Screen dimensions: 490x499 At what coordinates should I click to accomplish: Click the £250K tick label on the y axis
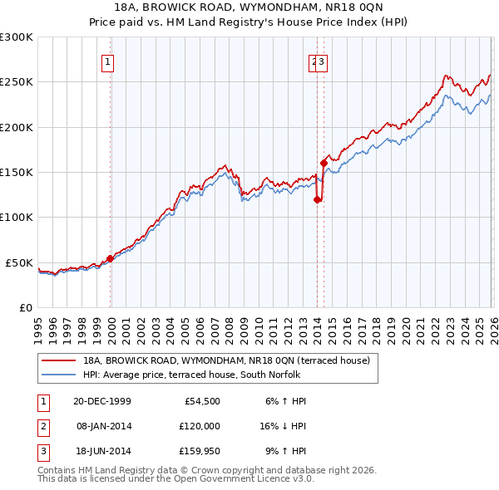(17, 82)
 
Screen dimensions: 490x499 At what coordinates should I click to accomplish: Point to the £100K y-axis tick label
(17, 218)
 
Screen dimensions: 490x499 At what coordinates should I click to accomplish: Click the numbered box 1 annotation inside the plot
(108, 61)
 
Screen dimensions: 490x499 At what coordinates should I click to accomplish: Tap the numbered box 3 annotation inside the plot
(322, 61)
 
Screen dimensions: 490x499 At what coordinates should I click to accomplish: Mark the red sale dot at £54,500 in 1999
(111, 258)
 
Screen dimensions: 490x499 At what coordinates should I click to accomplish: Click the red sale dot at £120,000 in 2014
(317, 199)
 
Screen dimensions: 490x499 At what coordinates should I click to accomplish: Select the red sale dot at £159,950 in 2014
(324, 163)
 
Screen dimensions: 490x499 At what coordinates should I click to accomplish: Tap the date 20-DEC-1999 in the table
(102, 401)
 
